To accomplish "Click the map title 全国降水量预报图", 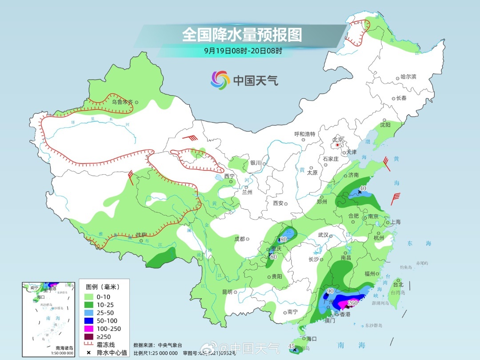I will [x=242, y=34].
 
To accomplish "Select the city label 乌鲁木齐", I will [x=122, y=102].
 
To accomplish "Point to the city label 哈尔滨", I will [x=408, y=77].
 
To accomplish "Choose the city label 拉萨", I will [x=141, y=234].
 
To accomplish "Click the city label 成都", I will [x=240, y=239].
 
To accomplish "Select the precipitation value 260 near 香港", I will [x=352, y=304].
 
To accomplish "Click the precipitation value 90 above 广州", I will [x=330, y=291].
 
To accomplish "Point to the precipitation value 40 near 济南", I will [x=363, y=188].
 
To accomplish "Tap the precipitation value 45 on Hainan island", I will [x=292, y=346].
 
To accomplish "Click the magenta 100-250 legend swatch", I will [x=89, y=328].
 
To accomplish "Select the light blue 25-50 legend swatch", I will [x=89, y=312].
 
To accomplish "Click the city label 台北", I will [x=398, y=284].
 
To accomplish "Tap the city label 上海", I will [x=395, y=222].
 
